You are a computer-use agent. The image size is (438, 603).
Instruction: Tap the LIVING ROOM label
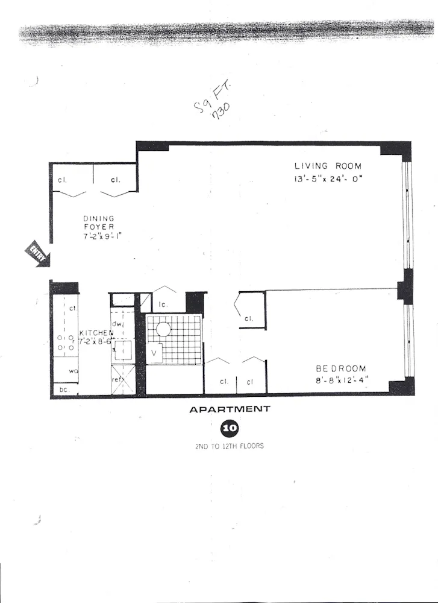pos(328,166)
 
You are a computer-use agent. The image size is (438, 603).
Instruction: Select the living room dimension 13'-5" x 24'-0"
pos(328,178)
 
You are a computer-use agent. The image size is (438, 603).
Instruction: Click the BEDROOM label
pos(341,368)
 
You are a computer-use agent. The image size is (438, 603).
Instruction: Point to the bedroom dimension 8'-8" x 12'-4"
pos(341,380)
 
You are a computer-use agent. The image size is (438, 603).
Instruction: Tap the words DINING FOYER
pos(99,223)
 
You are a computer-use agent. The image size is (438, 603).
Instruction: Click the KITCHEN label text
pos(96,333)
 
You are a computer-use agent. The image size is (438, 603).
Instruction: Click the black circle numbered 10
pos(230,429)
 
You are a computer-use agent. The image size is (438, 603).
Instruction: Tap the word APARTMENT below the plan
pos(230,409)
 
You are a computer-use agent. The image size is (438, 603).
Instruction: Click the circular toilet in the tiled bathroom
pos(164,330)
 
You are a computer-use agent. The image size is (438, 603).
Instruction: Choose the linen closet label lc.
pos(162,305)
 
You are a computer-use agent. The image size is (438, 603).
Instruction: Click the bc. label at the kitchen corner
pos(63,390)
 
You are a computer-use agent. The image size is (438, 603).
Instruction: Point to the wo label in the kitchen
pos(74,371)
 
